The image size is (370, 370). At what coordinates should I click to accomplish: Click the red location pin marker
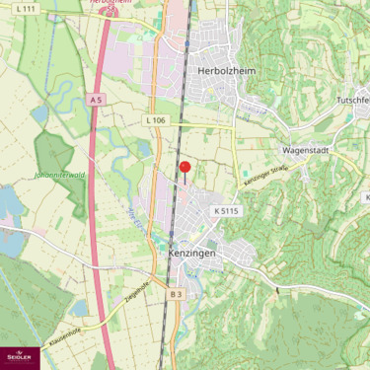[x=185, y=169]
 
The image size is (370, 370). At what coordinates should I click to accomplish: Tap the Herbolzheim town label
[x=227, y=72]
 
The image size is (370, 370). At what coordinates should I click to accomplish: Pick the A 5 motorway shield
[x=96, y=100]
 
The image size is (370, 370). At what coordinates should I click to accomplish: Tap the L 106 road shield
[x=154, y=120]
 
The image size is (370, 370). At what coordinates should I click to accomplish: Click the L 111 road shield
[x=27, y=8]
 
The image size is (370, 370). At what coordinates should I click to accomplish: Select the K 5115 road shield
[x=226, y=211]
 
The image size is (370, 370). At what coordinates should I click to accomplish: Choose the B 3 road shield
[x=176, y=294]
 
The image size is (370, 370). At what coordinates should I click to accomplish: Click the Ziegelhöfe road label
[x=136, y=291]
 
